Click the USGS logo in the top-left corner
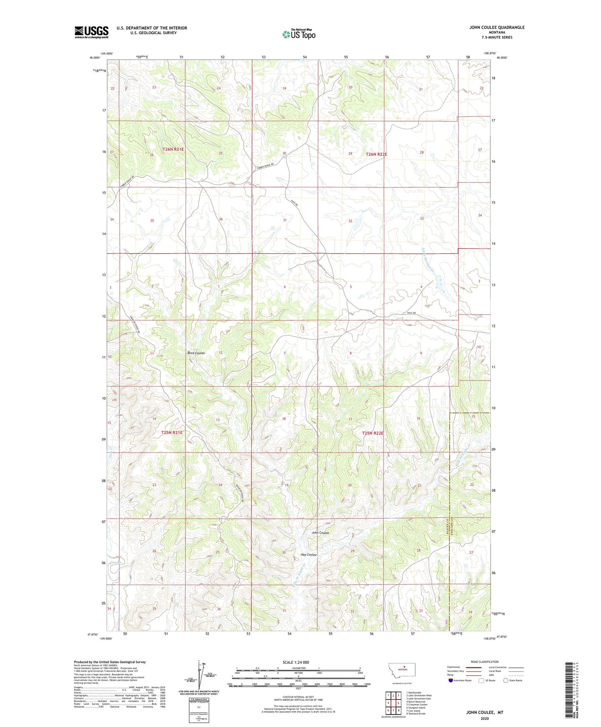pyautogui.click(x=92, y=32)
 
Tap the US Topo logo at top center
pyautogui.click(x=299, y=34)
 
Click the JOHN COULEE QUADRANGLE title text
pyautogui.click(x=497, y=27)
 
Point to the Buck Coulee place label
pyautogui.click(x=196, y=353)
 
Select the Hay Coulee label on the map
pyautogui.click(x=309, y=555)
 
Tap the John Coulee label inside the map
pyautogui.click(x=320, y=533)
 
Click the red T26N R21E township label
pyautogui.click(x=173, y=149)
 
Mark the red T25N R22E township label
pyautogui.click(x=373, y=433)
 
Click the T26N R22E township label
pyautogui.click(x=376, y=154)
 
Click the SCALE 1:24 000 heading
pyautogui.click(x=296, y=662)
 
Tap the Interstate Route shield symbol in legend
pyautogui.click(x=450, y=680)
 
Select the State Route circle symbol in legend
pyautogui.click(x=506, y=680)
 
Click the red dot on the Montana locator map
pyautogui.click(x=404, y=665)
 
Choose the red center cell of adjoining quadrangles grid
pyautogui.click(x=393, y=703)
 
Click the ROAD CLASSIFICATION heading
pyautogui.click(x=485, y=662)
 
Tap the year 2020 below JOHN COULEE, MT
pyautogui.click(x=485, y=718)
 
